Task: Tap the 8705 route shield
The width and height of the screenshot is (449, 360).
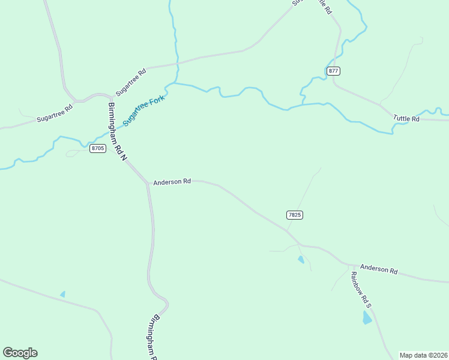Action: click(98, 148)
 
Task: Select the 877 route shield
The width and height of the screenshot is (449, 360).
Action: click(334, 71)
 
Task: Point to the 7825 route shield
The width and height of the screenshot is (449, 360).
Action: click(294, 214)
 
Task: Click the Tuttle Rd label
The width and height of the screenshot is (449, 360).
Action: click(406, 119)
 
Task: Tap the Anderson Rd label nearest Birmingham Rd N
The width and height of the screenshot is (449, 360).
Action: click(172, 181)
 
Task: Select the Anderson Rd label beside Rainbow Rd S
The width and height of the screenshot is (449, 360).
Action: click(378, 270)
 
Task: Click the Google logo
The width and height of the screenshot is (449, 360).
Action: click(20, 353)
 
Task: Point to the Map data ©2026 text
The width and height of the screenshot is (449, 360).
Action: click(423, 355)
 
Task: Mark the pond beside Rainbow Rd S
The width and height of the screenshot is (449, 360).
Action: click(367, 318)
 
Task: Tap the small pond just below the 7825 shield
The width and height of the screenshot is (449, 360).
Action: click(301, 259)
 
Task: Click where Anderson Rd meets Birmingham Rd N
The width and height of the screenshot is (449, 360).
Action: click(148, 183)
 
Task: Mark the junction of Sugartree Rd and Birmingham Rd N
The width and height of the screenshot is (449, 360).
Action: click(112, 96)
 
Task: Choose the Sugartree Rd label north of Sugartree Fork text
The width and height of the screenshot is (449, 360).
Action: click(131, 81)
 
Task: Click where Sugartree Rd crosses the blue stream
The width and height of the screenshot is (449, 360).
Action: click(177, 62)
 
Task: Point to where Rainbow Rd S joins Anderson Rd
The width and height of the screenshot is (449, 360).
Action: click(348, 264)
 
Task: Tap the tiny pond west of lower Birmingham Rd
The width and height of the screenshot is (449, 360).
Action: click(62, 294)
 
